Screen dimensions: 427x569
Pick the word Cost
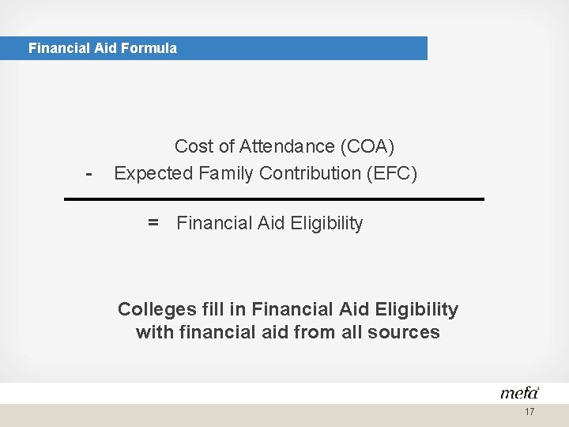194,146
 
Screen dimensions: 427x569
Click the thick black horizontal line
273,199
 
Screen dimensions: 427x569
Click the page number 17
529,412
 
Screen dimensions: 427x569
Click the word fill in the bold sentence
213,309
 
